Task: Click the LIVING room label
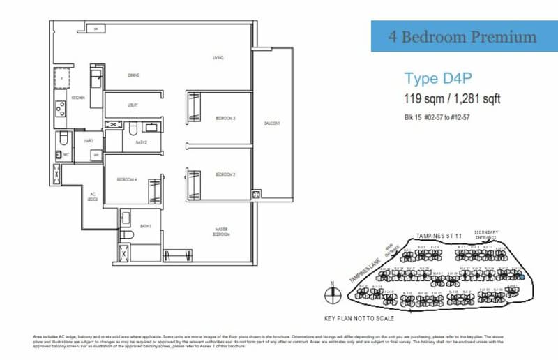point(218,58)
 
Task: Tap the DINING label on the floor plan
point(134,75)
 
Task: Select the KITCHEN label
point(78,98)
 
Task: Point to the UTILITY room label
point(133,105)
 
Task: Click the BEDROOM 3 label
point(225,119)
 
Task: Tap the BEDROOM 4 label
point(126,179)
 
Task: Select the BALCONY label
point(271,123)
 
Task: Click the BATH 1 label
point(145,226)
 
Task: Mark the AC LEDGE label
point(92,197)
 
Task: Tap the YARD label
point(89,141)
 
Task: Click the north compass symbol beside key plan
point(333,292)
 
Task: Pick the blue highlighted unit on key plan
point(520,277)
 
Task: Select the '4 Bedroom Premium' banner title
point(463,37)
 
